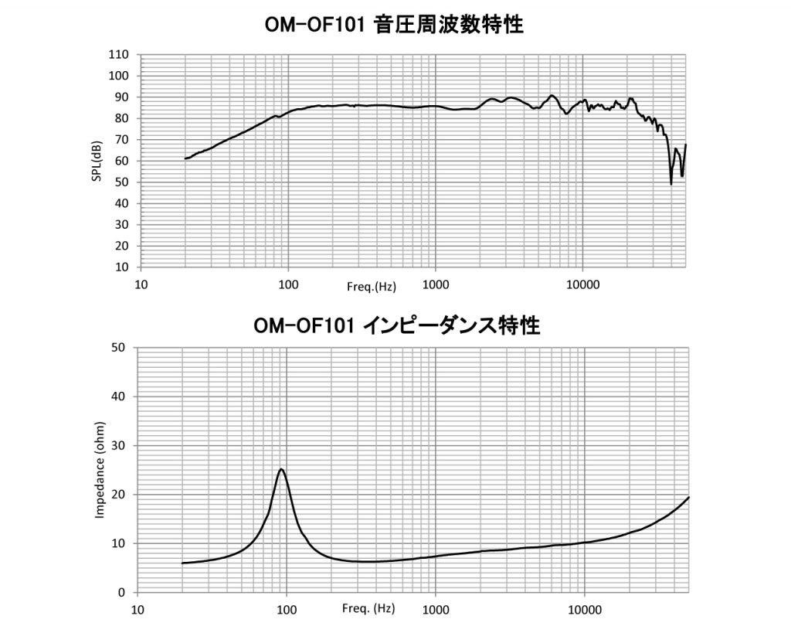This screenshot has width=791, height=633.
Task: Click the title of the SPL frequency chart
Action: [x=394, y=26]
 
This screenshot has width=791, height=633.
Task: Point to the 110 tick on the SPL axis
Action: [x=118, y=55]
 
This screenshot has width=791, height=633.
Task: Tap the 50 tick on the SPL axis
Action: [x=121, y=182]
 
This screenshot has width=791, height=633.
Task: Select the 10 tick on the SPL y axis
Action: [x=121, y=267]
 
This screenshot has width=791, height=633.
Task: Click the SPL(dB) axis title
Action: [x=97, y=161]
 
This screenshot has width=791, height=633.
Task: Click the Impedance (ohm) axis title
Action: [x=100, y=470]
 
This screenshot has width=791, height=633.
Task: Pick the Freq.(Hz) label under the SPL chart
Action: [x=372, y=287]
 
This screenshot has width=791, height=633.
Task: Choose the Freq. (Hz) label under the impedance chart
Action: [x=368, y=609]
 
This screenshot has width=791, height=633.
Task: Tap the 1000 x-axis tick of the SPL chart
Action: [x=436, y=284]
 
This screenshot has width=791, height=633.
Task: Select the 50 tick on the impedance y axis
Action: [x=119, y=348]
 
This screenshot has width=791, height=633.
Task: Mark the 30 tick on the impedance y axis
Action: [x=119, y=446]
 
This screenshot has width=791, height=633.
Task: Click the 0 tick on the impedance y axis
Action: [x=122, y=593]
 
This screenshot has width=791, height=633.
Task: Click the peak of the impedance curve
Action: [x=281, y=469]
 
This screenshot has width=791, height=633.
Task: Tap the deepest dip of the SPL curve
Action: [x=670, y=184]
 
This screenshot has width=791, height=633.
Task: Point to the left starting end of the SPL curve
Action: [x=185, y=158]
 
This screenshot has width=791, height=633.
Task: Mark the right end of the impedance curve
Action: [x=688, y=498]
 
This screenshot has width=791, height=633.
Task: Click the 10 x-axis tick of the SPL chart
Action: [x=141, y=284]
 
